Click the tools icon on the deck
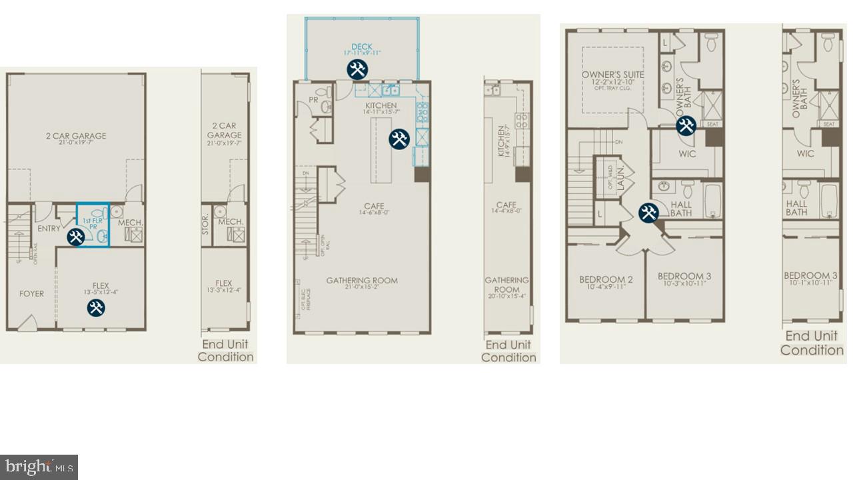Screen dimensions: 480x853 357,69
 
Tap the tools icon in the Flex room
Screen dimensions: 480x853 96,307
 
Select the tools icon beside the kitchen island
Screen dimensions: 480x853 399,139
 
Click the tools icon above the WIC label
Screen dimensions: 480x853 686,126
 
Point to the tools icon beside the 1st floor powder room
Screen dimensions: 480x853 76,236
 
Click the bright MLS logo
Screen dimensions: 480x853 39,467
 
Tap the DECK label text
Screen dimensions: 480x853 362,47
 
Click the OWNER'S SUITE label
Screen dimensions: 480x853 612,75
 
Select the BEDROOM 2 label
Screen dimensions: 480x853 606,279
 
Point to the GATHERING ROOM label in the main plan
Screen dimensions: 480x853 362,281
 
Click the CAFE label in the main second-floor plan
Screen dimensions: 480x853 374,206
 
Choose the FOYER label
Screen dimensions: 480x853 31,293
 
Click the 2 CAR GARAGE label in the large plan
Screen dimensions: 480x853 76,136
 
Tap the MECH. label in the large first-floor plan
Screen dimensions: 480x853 131,223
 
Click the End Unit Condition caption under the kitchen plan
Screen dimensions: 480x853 508,351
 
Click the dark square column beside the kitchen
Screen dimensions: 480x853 422,175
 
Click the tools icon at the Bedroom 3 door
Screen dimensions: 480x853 648,213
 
